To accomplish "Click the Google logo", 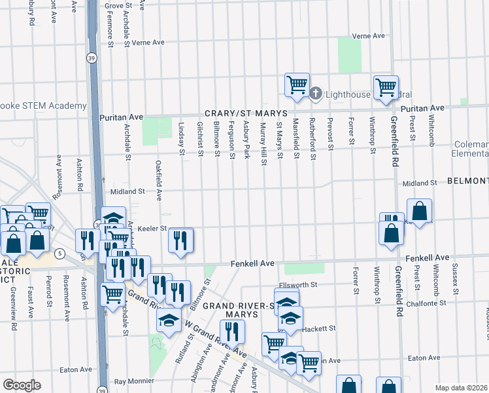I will [22, 385].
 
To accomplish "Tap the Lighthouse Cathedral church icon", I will [315, 94].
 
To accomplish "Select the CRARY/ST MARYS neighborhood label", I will [237, 113].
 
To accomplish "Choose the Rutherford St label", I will [312, 139].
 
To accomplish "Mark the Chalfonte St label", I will [426, 303].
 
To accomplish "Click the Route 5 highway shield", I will [59, 253].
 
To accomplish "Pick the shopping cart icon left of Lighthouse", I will [297, 84].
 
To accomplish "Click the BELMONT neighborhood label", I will [468, 181].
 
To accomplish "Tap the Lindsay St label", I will [182, 139].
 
